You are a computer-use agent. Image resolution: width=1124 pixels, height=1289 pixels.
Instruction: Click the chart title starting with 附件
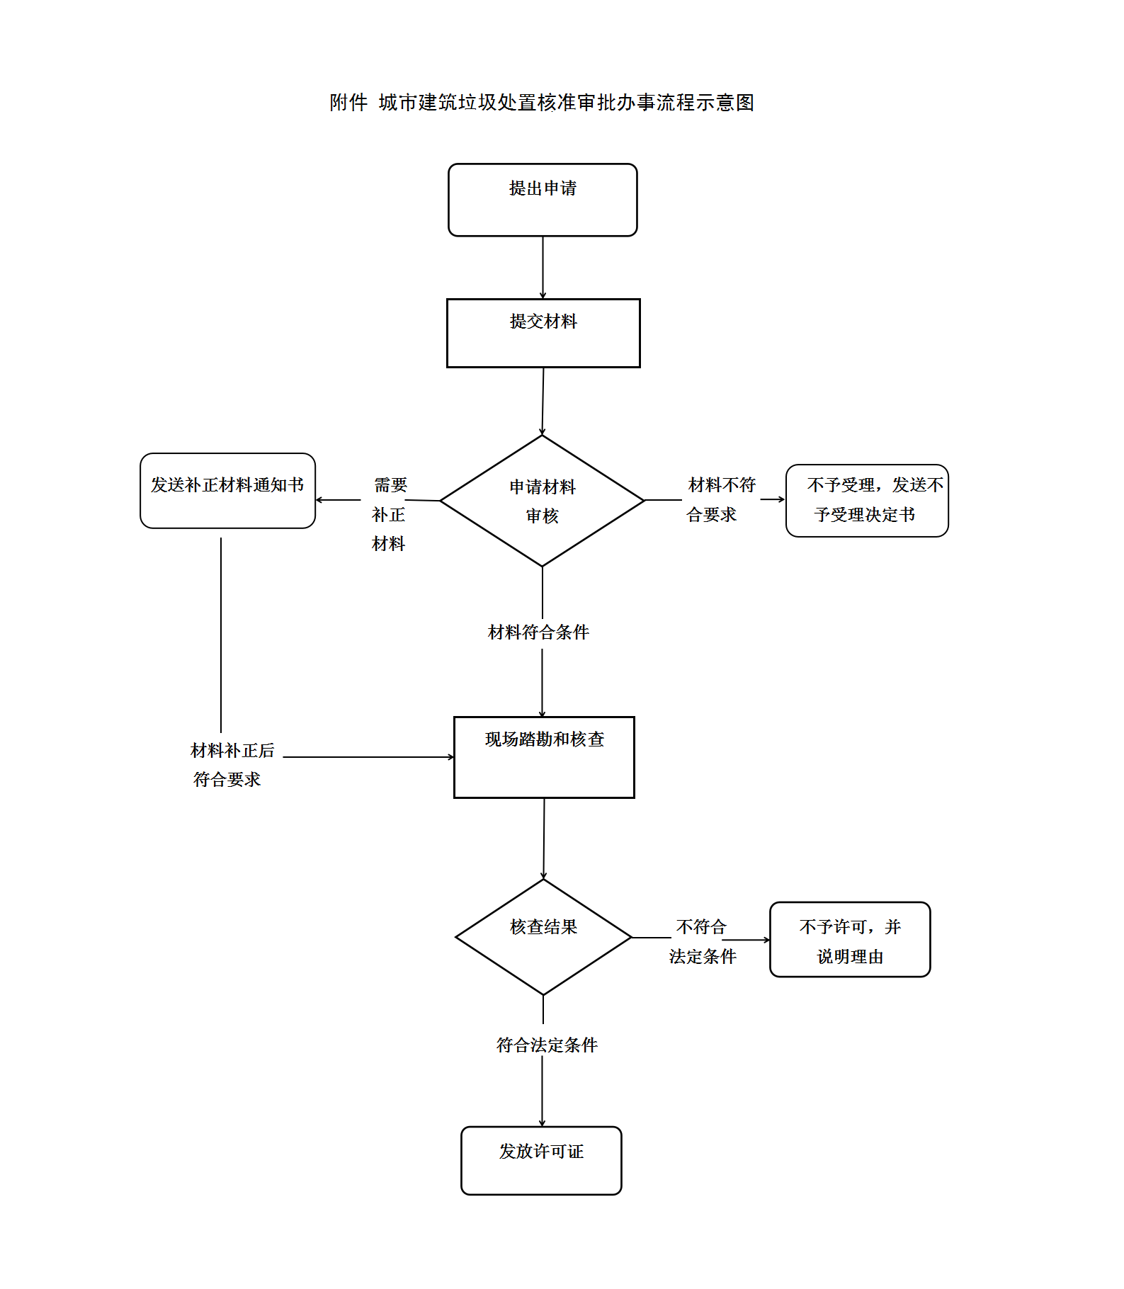(x=542, y=103)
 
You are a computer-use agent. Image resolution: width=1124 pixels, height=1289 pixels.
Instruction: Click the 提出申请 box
(x=543, y=200)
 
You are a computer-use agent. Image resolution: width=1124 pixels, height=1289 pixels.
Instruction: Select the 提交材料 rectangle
(x=543, y=333)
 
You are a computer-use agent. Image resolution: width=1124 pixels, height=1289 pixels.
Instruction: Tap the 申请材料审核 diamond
(x=543, y=501)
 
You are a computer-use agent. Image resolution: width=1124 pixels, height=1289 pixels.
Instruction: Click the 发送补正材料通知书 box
(x=227, y=491)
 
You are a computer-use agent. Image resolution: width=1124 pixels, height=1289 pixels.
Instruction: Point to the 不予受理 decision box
(x=867, y=501)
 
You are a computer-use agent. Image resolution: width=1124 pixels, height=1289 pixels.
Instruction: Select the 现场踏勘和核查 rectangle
(x=544, y=757)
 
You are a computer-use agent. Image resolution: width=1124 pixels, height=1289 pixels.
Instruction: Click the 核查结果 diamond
(x=543, y=936)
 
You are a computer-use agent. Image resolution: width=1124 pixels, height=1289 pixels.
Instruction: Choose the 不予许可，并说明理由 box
(x=850, y=940)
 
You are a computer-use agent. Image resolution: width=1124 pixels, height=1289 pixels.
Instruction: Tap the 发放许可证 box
(x=541, y=1160)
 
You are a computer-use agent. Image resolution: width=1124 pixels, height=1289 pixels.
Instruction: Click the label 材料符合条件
(x=538, y=632)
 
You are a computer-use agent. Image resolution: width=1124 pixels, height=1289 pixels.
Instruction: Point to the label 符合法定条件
(x=547, y=1045)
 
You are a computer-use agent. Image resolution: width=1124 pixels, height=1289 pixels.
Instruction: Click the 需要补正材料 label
(x=389, y=514)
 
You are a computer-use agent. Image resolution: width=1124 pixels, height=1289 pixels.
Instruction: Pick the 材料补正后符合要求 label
(x=232, y=765)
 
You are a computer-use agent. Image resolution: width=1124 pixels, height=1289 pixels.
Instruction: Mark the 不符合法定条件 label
(x=702, y=941)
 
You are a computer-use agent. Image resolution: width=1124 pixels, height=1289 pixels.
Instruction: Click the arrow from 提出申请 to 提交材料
(x=543, y=268)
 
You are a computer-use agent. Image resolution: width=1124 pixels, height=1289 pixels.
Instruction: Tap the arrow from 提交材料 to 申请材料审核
(x=543, y=401)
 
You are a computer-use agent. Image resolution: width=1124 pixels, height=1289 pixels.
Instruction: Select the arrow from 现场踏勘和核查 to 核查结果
(x=544, y=839)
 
